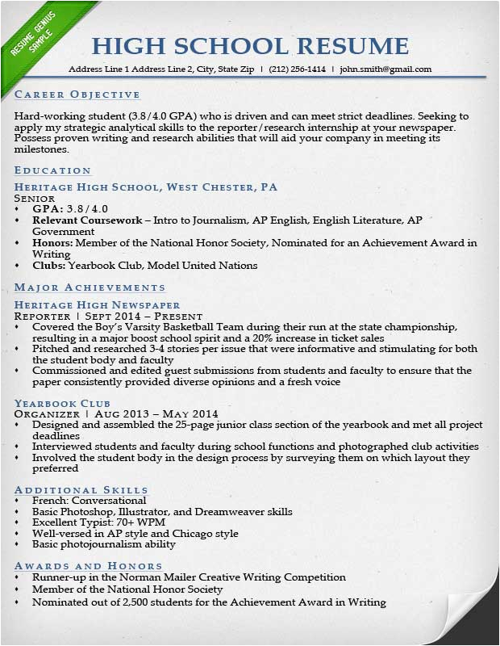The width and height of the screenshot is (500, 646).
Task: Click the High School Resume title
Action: [250, 45]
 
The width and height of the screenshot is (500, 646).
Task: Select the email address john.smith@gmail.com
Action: [385, 69]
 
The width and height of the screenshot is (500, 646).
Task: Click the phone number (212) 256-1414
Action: [298, 69]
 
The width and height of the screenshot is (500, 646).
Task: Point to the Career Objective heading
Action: [67, 94]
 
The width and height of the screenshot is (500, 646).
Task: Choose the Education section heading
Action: [52, 170]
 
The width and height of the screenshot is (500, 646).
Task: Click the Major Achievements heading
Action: [90, 287]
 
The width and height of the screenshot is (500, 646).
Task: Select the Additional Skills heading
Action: [81, 489]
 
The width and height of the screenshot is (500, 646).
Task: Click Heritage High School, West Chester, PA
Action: [145, 187]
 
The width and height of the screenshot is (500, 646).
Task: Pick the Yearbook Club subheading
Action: [62, 403]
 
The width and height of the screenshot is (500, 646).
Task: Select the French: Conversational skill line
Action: [89, 501]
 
